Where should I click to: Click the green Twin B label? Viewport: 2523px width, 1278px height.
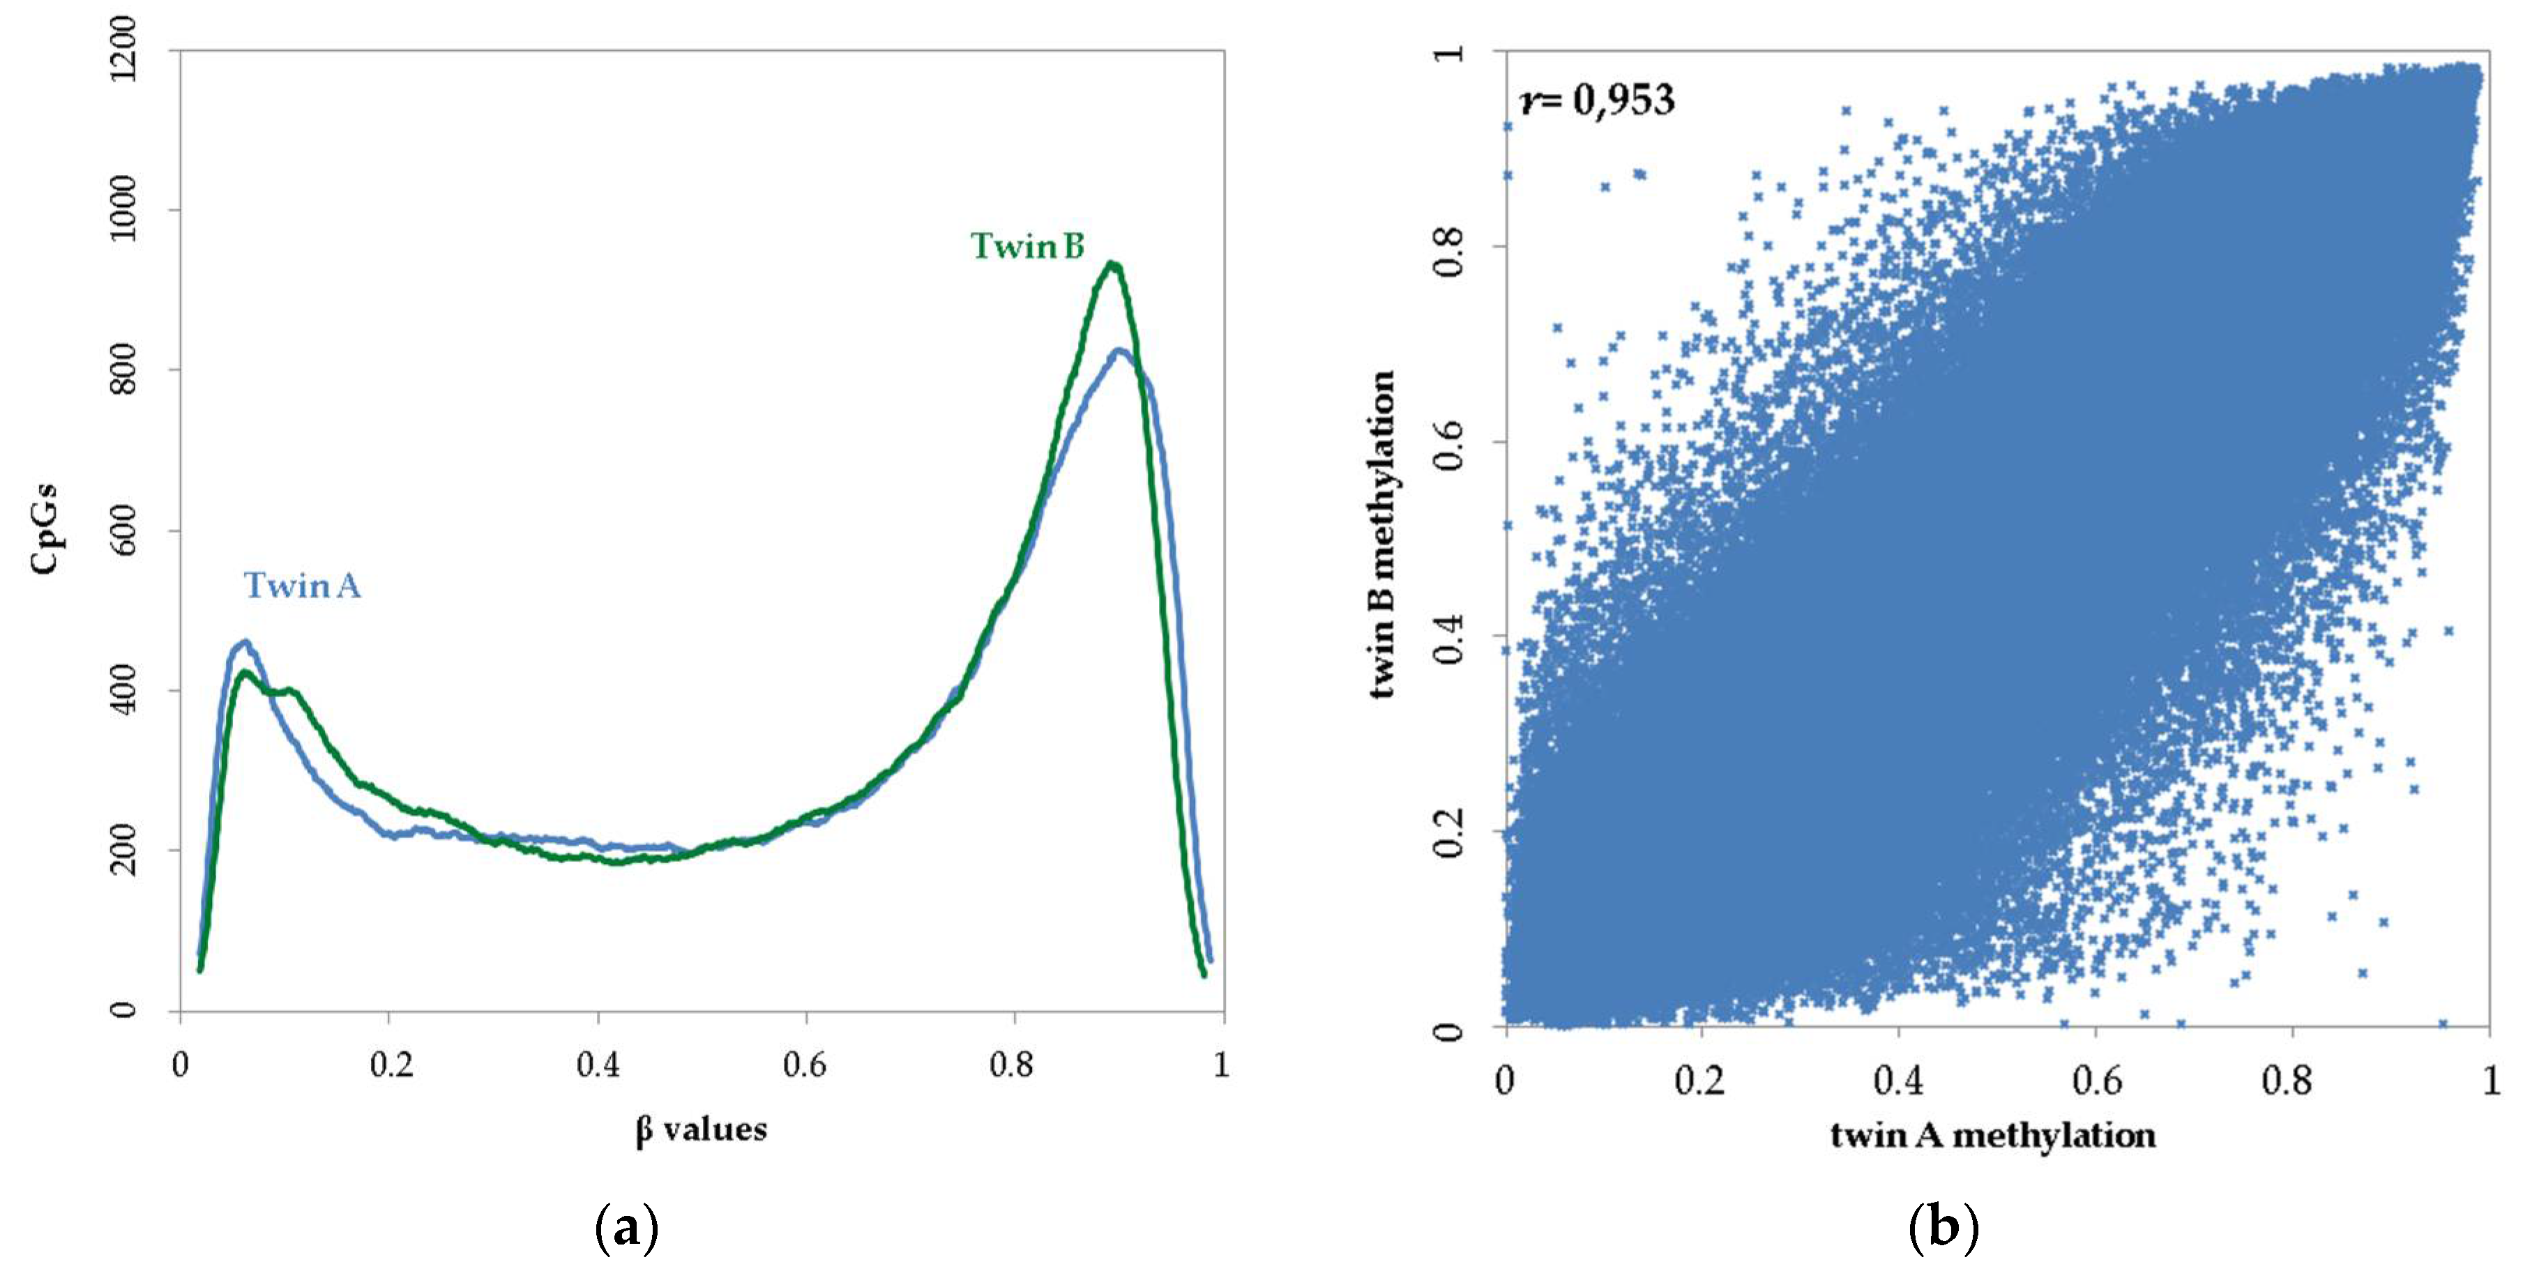pos(1027,246)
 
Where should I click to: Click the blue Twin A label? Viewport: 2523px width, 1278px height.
pos(302,586)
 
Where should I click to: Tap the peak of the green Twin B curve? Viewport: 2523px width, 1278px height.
pos(1111,264)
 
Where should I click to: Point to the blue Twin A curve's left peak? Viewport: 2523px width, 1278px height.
pos(244,644)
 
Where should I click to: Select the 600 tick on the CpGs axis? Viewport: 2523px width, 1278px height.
pos(123,531)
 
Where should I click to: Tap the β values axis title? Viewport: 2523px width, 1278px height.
pos(702,1129)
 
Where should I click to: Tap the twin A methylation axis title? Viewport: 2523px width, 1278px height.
pos(1993,1135)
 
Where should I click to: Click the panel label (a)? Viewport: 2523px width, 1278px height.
pos(627,1227)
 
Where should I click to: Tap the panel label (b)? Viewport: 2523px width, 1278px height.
pos(1944,1227)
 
